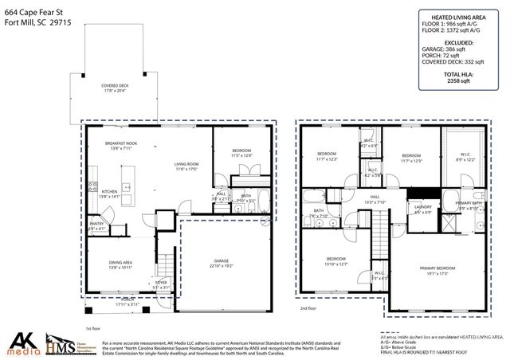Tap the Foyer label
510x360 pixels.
click(x=161, y=284)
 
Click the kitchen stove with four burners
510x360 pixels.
click(x=92, y=189)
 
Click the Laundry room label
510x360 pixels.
click(x=422, y=209)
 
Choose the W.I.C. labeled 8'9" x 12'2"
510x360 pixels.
click(x=466, y=158)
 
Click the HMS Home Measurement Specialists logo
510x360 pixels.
click(x=68, y=342)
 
